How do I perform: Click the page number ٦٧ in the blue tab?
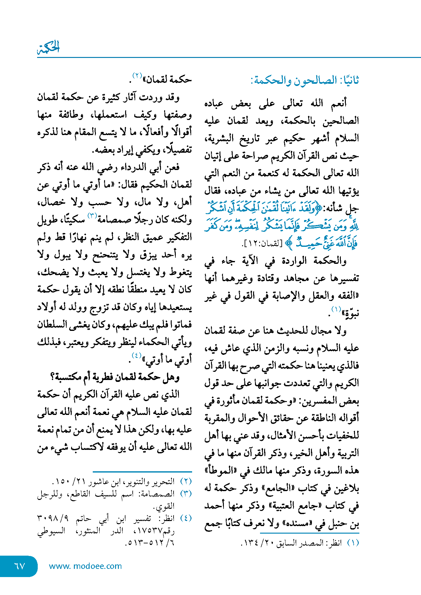[19, 566]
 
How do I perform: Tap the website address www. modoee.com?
[85, 566]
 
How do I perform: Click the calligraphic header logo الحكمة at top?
[48, 48]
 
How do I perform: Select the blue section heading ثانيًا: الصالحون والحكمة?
[305, 81]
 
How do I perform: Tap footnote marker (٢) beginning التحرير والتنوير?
[186, 482]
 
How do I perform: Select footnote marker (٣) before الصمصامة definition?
[186, 494]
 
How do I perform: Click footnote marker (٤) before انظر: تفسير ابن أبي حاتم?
[186, 518]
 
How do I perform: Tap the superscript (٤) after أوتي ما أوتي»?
[136, 355]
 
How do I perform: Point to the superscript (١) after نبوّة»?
[336, 309]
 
